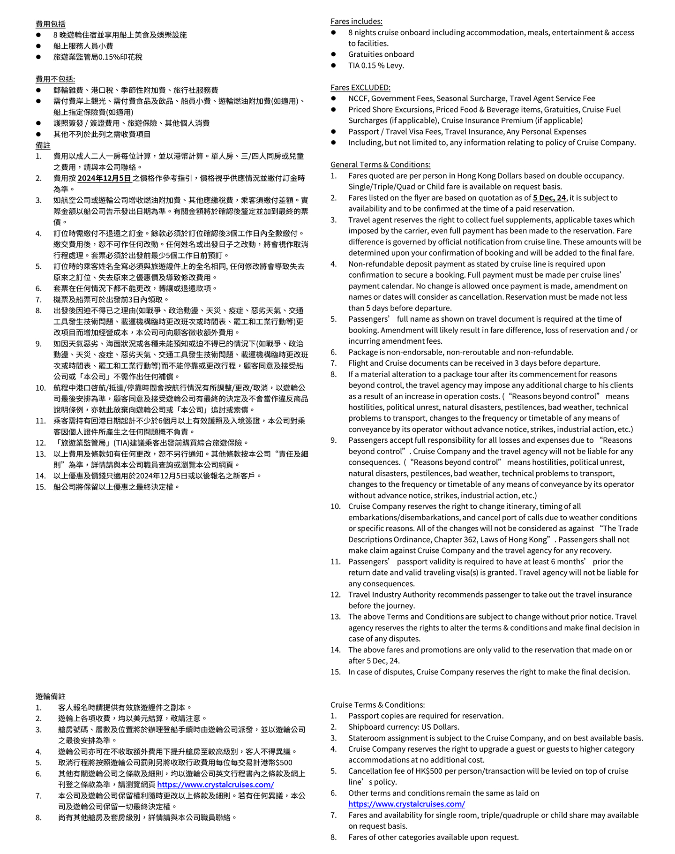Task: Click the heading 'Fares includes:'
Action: pyautogui.click(x=356, y=22)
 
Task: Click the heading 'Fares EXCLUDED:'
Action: pyautogui.click(x=360, y=88)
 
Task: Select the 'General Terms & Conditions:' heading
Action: pyautogui.click(x=380, y=165)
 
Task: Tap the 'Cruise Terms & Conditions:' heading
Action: pyautogui.click(x=377, y=705)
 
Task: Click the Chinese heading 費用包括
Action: pyautogui.click(x=51, y=24)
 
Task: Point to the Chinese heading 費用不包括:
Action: pyautogui.click(x=55, y=79)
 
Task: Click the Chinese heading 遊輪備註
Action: pyautogui.click(x=51, y=696)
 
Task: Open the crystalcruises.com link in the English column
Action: pyautogui.click(x=406, y=804)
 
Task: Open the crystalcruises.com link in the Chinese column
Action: pyautogui.click(x=215, y=785)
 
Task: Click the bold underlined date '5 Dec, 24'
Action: pyautogui.click(x=549, y=198)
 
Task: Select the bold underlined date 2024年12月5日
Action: pyautogui.click(x=104, y=178)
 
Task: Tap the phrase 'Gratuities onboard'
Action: pyautogui.click(x=381, y=54)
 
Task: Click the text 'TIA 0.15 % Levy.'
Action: pyautogui.click(x=376, y=66)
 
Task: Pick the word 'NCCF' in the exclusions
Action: pyautogui.click(x=358, y=98)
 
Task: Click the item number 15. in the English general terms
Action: pyautogui.click(x=335, y=672)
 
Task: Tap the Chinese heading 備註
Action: pyautogui.click(x=43, y=145)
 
